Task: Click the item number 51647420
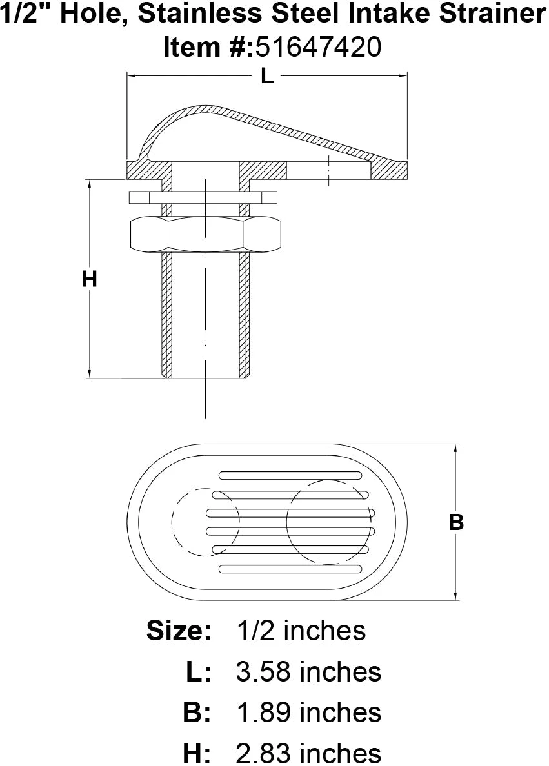click(317, 47)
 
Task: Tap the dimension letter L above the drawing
click(267, 75)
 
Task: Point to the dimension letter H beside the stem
click(90, 279)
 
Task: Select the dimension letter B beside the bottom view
click(456, 522)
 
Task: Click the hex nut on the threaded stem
click(205, 235)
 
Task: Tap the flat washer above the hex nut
click(203, 197)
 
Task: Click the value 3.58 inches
click(308, 672)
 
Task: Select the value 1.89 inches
click(308, 712)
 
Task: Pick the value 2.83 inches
click(308, 753)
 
